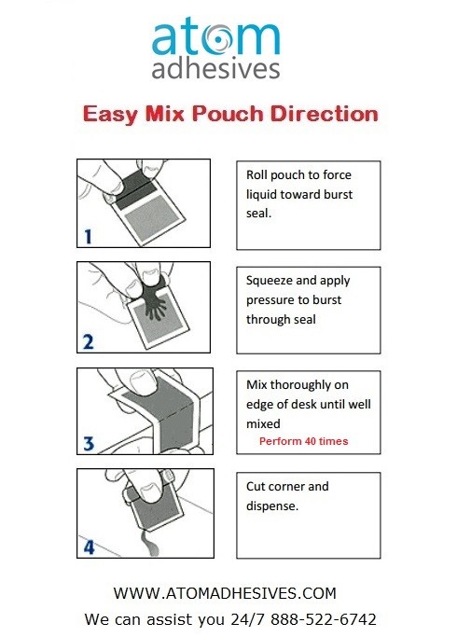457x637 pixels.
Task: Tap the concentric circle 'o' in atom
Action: pyautogui.click(x=228, y=38)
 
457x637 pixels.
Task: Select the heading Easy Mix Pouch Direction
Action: pyautogui.click(x=230, y=116)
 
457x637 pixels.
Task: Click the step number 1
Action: pyautogui.click(x=88, y=237)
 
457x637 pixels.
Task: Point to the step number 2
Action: pyautogui.click(x=88, y=341)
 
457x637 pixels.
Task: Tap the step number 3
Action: pyautogui.click(x=88, y=445)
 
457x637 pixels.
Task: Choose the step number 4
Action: pyautogui.click(x=88, y=548)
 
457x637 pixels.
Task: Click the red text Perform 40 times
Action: pyautogui.click(x=304, y=441)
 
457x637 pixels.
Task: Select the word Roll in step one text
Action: pyautogui.click(x=258, y=175)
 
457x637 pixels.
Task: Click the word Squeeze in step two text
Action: pyautogui.click(x=270, y=280)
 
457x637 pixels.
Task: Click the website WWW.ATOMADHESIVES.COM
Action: pyautogui.click(x=224, y=593)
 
